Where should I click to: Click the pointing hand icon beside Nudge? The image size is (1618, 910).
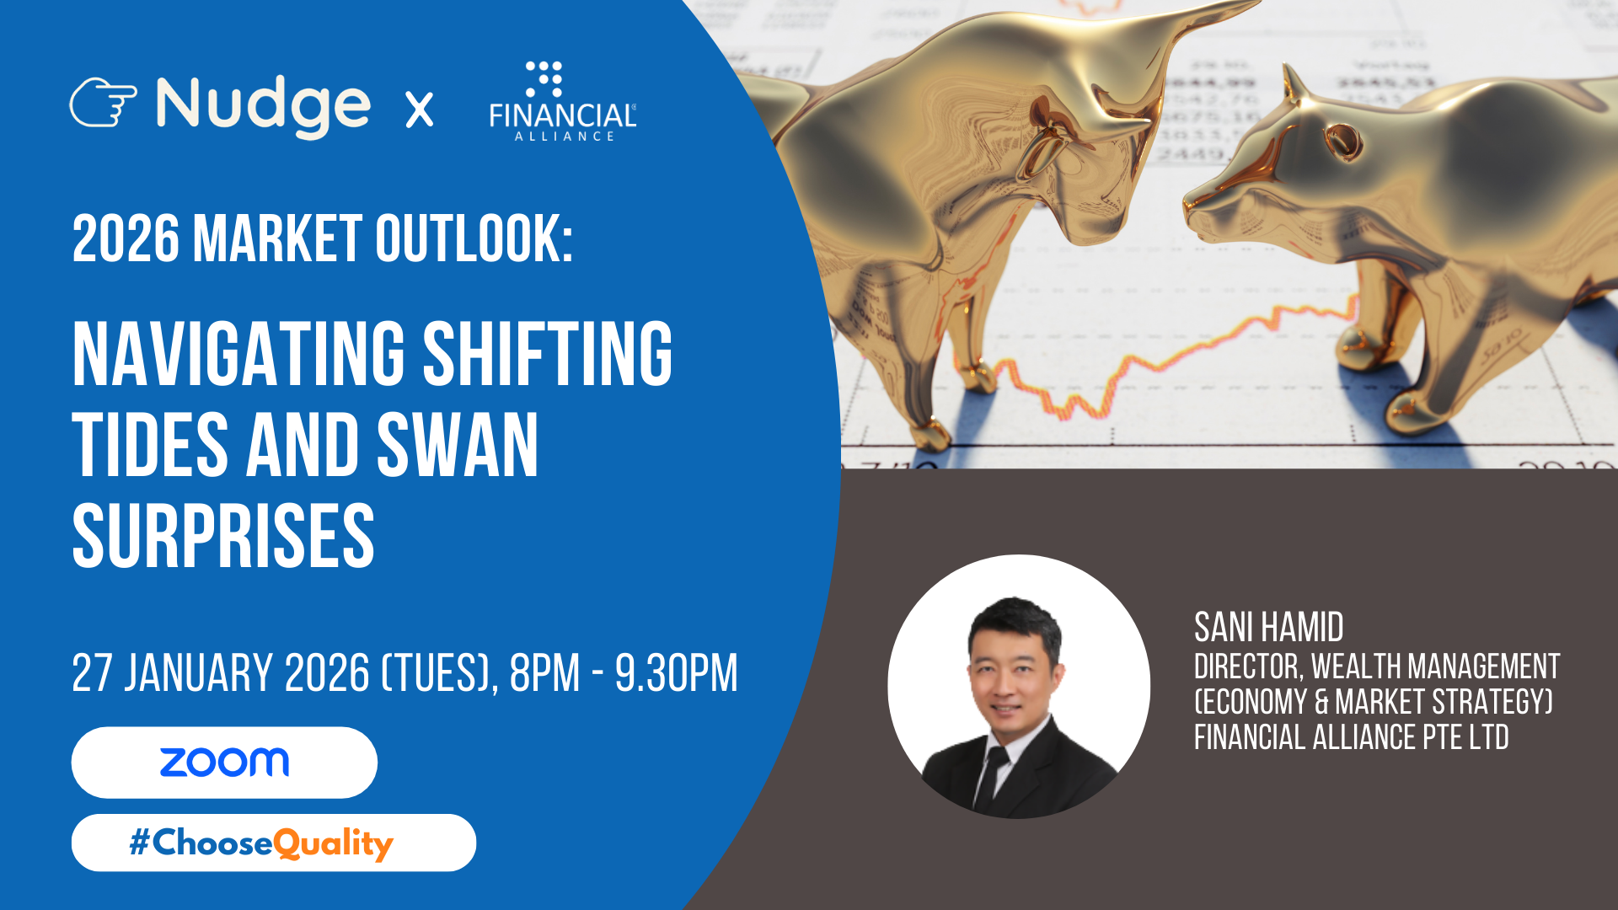pos(103,103)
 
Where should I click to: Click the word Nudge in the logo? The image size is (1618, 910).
pos(263,106)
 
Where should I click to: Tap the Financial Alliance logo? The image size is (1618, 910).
pos(563,101)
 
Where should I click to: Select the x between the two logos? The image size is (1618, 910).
pos(420,110)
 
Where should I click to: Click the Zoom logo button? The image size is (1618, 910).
pos(224,763)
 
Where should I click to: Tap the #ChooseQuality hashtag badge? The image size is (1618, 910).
pos(274,843)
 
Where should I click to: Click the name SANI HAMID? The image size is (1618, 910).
pos(1269,628)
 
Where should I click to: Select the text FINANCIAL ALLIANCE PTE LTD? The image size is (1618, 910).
pos(1352,737)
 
